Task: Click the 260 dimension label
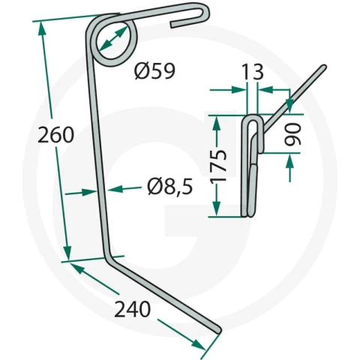coord(55,135)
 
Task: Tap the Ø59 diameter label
coord(154,71)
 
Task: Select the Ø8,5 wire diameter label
coord(170,187)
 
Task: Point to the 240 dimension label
coord(133,309)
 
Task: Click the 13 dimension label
coord(253,72)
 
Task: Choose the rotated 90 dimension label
coord(292,134)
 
